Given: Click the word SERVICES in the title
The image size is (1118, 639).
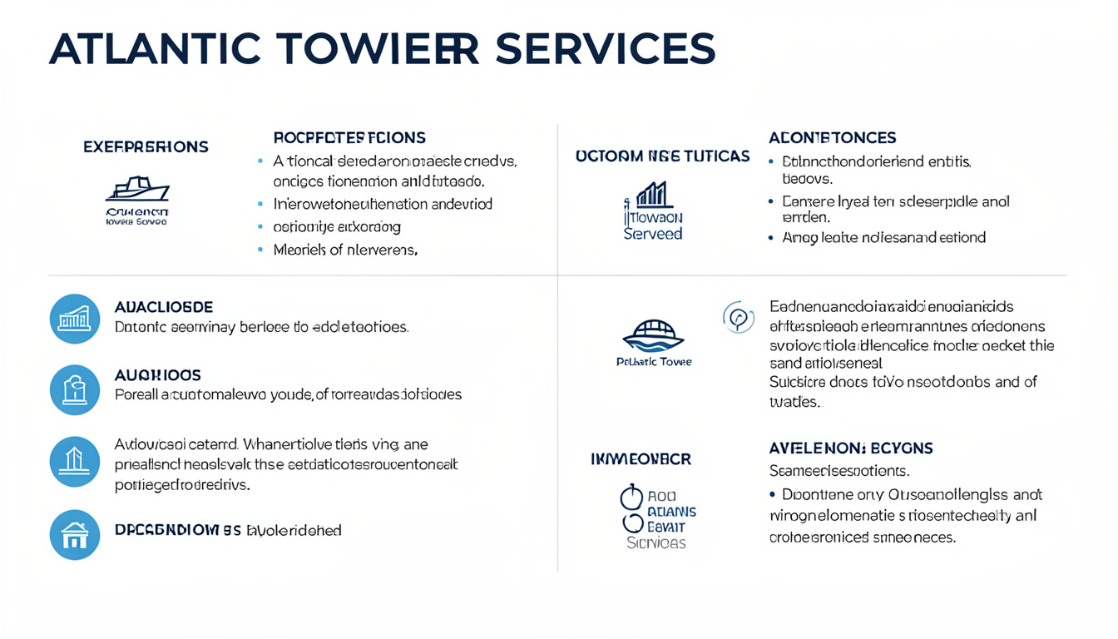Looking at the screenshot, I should [x=605, y=49].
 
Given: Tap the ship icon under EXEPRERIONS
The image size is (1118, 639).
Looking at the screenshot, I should [x=137, y=190].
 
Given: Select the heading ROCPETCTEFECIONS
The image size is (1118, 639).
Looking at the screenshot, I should [x=349, y=137].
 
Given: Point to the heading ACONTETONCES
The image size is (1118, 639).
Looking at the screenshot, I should [x=832, y=137].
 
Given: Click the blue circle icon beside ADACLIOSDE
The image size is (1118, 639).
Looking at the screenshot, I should [x=75, y=319].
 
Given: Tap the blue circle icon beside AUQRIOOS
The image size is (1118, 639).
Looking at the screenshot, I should [x=75, y=390].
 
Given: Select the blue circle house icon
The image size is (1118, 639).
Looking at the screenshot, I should [x=75, y=534].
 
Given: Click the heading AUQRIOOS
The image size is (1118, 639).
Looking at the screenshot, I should [x=157, y=375].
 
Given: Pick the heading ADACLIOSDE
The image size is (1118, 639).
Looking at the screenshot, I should [x=164, y=307].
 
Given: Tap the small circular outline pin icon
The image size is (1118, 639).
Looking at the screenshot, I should [x=738, y=317].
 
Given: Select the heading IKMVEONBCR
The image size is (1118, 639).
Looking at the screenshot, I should [x=641, y=458].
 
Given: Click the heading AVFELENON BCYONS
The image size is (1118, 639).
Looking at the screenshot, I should [x=851, y=448].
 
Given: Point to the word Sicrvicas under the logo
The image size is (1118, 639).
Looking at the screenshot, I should [x=655, y=542].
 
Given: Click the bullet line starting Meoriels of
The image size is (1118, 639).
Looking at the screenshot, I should [x=345, y=249].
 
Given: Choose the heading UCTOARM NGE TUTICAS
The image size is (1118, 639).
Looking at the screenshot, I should [x=662, y=156].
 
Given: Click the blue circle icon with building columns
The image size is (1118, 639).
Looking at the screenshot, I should [x=75, y=462].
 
